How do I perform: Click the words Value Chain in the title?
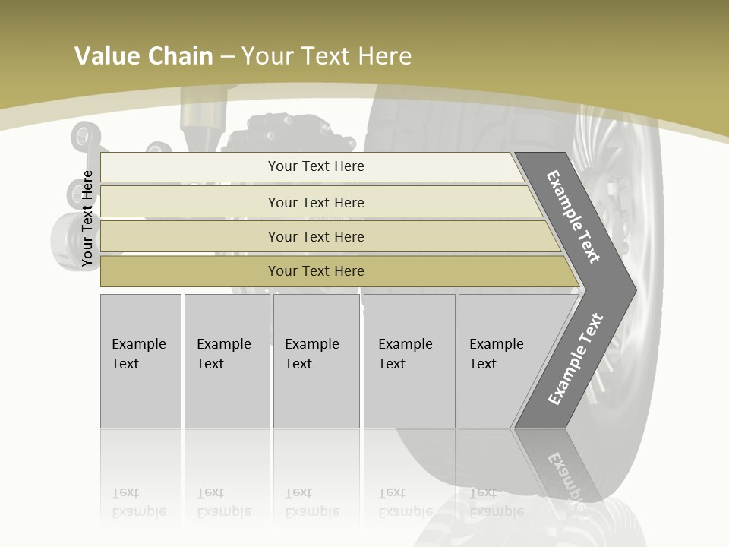pyautogui.click(x=144, y=56)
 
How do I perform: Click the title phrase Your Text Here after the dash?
pyautogui.click(x=327, y=56)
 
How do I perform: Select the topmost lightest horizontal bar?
pyautogui.click(x=190, y=167)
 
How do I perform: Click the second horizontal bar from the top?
pyautogui.click(x=190, y=202)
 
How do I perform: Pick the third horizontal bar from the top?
pyautogui.click(x=190, y=236)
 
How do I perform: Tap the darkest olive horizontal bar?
pyautogui.click(x=190, y=271)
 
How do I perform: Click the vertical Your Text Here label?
pyautogui.click(x=87, y=218)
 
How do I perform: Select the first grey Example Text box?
pyautogui.click(x=140, y=361)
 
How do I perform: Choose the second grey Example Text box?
pyautogui.click(x=227, y=361)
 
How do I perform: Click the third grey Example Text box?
pyautogui.click(x=316, y=361)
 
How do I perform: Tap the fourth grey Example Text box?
pyautogui.click(x=409, y=361)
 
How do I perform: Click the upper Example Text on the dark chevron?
pyautogui.click(x=573, y=217)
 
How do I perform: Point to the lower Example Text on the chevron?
pyautogui.click(x=575, y=359)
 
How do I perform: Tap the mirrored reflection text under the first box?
pyautogui.click(x=138, y=502)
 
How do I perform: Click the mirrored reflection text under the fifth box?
pyautogui.click(x=496, y=502)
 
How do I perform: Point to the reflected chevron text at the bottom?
pyautogui.click(x=566, y=479)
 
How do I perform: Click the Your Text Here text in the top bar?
pyautogui.click(x=316, y=166)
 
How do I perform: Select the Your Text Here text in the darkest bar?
pyautogui.click(x=316, y=271)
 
